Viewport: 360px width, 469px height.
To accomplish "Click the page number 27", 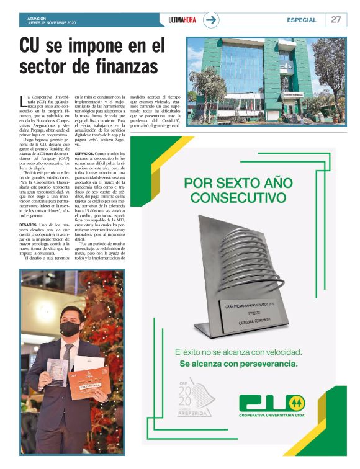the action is pyautogui.click(x=336, y=19).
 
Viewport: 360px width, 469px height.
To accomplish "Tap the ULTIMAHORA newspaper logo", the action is pyautogui.click(x=182, y=20).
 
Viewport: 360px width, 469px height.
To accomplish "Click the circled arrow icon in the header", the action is pyautogui.click(x=212, y=20).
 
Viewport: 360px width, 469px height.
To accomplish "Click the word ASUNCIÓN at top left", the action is pyautogui.click(x=37, y=17).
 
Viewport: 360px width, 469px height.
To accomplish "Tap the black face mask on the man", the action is pyautogui.click(x=69, y=329).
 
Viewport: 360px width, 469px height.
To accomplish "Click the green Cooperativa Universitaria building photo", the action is pyautogui.click(x=266, y=74).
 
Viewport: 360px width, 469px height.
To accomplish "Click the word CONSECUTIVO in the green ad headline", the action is pyautogui.click(x=233, y=199).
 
